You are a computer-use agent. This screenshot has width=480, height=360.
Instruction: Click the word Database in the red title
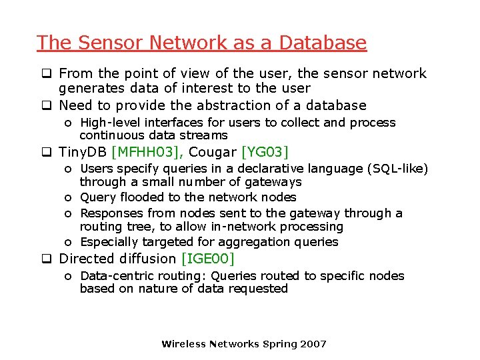coord(323,43)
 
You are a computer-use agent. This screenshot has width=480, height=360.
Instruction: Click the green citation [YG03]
coord(265,153)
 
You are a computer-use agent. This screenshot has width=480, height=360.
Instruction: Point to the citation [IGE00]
coord(208,259)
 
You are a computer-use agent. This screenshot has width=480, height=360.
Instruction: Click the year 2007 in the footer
coord(313,344)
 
